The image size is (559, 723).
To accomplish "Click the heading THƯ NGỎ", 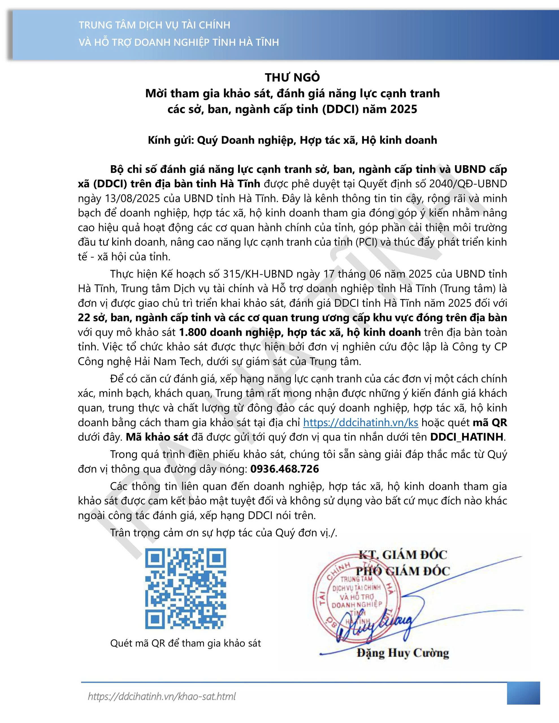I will (x=292, y=77).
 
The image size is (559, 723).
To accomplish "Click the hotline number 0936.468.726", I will (x=285, y=469).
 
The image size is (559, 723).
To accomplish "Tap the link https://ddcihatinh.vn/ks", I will (x=361, y=423).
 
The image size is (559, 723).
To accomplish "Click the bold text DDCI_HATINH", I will (x=467, y=437).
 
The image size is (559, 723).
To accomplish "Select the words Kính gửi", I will (x=171, y=140).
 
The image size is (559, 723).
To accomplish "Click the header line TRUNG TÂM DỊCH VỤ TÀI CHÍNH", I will (x=154, y=25).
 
